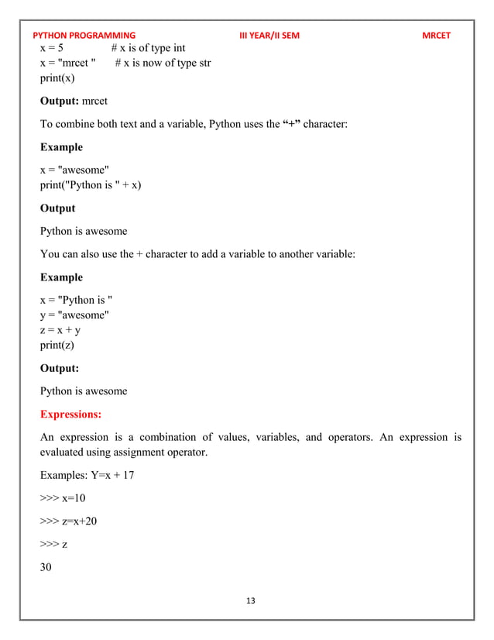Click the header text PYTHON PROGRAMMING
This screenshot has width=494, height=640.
click(x=84, y=36)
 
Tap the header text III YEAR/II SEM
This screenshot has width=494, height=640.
click(x=269, y=36)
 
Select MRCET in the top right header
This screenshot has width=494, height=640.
click(x=435, y=36)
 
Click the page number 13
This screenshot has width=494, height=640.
click(x=250, y=600)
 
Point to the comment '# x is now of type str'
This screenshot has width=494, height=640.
click(x=163, y=63)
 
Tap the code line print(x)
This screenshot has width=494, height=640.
click(x=58, y=78)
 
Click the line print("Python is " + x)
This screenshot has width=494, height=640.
click(x=91, y=185)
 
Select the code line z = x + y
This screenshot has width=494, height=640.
click(x=60, y=330)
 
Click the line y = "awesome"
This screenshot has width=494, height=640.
click(x=74, y=315)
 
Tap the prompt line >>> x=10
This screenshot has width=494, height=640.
click(x=63, y=497)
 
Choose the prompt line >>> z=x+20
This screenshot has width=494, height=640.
click(x=68, y=521)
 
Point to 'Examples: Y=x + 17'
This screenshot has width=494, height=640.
click(x=87, y=475)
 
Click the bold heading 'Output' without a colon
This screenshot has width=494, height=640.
click(x=57, y=208)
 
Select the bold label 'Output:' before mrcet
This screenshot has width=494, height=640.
click(x=64, y=101)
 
